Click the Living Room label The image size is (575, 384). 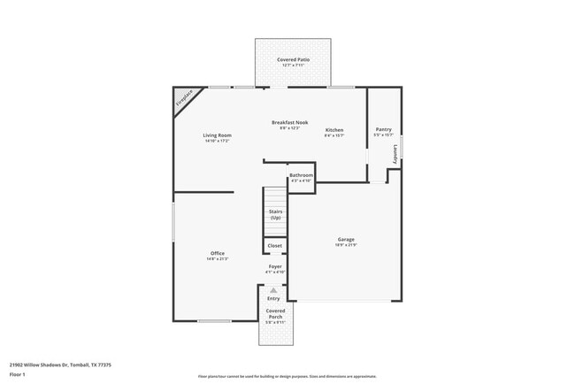[x=218, y=135]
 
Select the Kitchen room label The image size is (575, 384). [x=333, y=130]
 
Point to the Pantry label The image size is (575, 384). [x=383, y=128]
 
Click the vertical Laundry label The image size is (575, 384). [x=395, y=153]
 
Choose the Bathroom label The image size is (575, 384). [x=301, y=175]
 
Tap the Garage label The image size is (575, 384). [x=345, y=239]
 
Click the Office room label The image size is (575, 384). [x=217, y=253]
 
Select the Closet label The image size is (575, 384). [x=274, y=245]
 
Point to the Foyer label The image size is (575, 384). [x=276, y=265]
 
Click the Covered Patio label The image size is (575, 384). [x=292, y=59]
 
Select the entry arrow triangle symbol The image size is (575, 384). [x=273, y=290]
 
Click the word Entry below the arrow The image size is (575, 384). [x=273, y=299]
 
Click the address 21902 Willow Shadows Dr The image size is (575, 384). [x=44, y=364]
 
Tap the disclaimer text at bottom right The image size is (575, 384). [x=280, y=376]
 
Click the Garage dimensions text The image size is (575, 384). [x=345, y=245]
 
